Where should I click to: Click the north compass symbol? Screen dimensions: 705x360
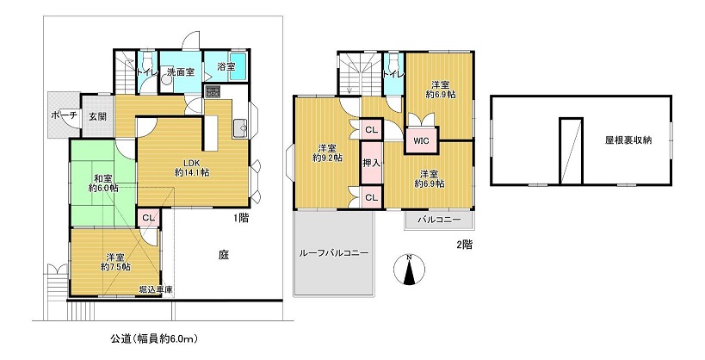409,270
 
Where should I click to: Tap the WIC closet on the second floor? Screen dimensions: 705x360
421,141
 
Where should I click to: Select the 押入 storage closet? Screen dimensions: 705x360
371,163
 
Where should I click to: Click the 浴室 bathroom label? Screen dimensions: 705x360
226,67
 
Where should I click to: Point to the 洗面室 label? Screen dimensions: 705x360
181,71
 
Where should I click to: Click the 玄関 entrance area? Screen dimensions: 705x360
96,116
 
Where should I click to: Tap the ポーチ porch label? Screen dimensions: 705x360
65,115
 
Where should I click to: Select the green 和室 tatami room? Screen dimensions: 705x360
103,183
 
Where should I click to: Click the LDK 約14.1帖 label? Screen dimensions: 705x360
194,167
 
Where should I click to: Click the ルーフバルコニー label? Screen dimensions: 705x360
334,253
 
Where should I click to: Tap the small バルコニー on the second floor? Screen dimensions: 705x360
439,220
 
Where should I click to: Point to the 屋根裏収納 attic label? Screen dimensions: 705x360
628,140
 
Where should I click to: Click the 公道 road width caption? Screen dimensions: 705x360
154,338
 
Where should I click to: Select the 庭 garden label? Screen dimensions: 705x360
224,256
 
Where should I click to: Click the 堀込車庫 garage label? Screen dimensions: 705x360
156,289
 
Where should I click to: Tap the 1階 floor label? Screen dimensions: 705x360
240,219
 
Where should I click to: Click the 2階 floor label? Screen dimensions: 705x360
465,245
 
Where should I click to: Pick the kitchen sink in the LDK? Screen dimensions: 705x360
239,128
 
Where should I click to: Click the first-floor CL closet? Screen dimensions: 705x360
148,218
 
